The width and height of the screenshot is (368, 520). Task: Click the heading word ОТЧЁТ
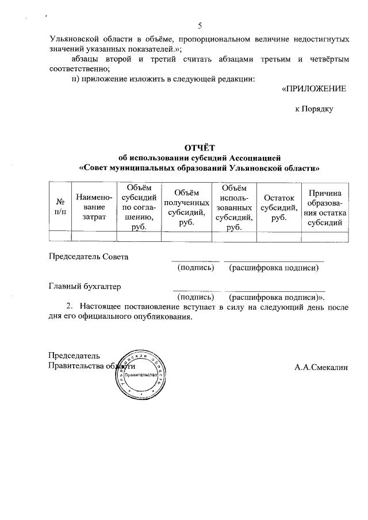[x=199, y=148]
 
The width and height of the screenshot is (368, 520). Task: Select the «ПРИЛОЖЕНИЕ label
[x=313, y=89]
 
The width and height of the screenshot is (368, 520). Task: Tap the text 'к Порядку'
[x=313, y=108]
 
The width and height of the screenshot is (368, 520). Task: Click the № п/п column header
[x=59, y=207]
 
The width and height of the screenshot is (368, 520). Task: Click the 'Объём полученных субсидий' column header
[x=186, y=207]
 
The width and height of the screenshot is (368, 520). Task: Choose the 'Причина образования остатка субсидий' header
[x=327, y=207]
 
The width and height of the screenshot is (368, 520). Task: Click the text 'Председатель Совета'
[x=89, y=256]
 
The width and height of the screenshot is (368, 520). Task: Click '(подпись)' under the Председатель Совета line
[x=197, y=268]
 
